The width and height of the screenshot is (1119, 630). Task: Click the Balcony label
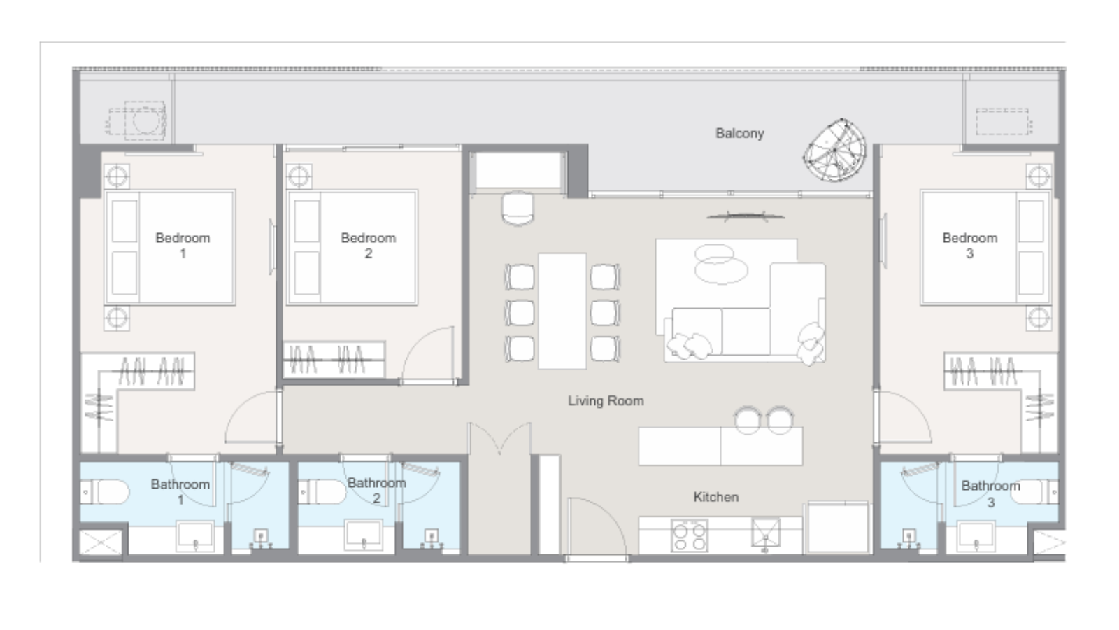pos(740,134)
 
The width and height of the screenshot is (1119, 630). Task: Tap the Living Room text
pos(606,401)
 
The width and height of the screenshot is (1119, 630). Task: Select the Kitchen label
pos(716,497)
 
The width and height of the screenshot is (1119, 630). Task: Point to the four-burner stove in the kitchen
pos(690,535)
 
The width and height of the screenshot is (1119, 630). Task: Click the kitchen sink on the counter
pos(765,533)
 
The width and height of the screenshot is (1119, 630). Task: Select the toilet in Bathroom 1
pos(104,492)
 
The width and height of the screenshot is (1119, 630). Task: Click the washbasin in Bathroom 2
pos(364,536)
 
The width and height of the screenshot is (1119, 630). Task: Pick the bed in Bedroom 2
pos(352,247)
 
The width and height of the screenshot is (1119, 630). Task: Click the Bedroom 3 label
pos(969,246)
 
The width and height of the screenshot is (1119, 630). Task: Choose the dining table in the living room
pos(562,311)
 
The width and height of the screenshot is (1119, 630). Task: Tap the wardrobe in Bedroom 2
pos(334,360)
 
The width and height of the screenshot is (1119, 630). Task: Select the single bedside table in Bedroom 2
pos(299,176)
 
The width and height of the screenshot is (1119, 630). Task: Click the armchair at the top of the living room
pos(518,208)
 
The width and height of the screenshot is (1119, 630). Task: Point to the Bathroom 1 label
pos(180,492)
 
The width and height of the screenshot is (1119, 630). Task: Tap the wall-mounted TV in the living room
pos(746,216)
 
